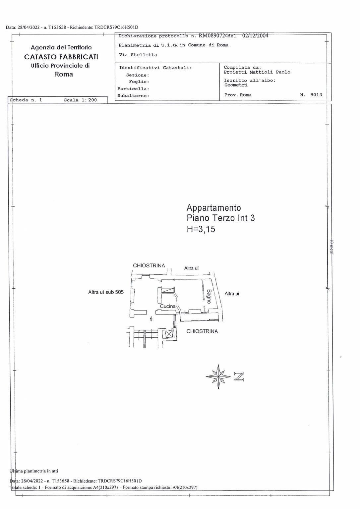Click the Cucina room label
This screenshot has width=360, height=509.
168,306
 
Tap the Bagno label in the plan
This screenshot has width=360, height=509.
209,296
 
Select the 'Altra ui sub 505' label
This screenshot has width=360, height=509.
106,292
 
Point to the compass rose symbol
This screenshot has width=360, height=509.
218,377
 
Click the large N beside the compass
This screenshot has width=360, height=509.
239,377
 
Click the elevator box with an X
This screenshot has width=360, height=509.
169,334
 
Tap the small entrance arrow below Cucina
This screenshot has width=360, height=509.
151,319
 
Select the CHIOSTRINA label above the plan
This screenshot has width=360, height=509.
149,265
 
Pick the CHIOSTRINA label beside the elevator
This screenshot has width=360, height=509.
202,331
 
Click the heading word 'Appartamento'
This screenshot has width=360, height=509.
213,208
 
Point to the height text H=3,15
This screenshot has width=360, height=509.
201,229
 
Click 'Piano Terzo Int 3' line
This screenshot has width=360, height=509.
220,218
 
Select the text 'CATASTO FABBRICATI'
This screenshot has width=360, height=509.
61,57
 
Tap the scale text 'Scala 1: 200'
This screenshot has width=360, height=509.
81,100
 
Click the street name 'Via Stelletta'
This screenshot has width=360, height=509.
138,55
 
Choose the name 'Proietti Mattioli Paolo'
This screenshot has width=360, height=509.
257,72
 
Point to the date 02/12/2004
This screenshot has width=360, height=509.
255,36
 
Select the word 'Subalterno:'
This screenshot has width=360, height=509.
133,96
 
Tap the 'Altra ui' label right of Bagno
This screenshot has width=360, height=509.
232,294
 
